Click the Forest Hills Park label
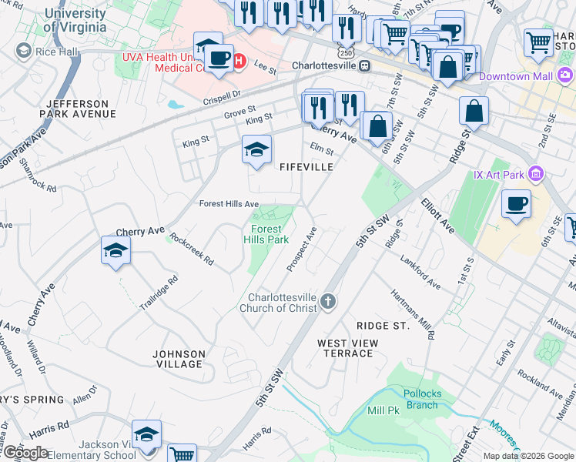pos(266,234)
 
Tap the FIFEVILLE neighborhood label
pos(306,166)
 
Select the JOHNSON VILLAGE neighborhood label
pos(179,360)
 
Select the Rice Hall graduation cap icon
pos(23,52)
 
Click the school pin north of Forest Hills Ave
pos(256,150)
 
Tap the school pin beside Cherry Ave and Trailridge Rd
pos(116,251)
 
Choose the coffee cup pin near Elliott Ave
pos(516,205)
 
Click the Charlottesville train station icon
pos(364,65)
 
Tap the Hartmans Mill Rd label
pos(421,313)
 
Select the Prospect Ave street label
pos(302,248)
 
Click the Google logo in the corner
pos(25,453)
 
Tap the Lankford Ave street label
pos(420,272)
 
